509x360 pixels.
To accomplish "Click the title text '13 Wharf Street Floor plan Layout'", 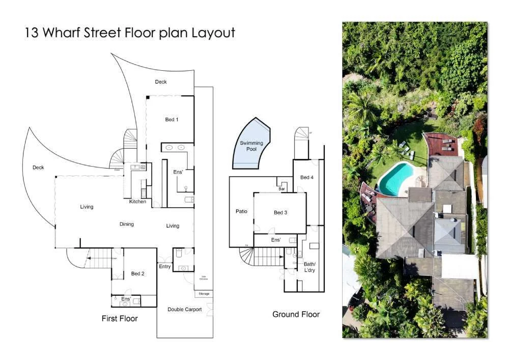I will (130, 33).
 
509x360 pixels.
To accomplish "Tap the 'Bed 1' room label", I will (172, 120).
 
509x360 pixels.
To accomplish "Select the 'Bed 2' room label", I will (137, 273).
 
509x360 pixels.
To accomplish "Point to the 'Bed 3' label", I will (280, 212).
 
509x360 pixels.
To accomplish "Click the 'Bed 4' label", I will (307, 177).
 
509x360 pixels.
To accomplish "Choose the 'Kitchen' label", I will (137, 202).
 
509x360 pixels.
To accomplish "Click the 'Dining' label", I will (127, 224).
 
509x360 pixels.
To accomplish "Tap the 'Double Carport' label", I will (185, 309).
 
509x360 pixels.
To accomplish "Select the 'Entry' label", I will (164, 266).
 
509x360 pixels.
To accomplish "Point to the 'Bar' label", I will (281, 188).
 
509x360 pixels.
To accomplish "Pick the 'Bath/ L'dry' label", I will (310, 267).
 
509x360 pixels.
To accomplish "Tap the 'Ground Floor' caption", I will (296, 314).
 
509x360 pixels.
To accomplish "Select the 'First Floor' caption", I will (120, 318).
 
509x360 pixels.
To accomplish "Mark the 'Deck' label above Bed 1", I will (161, 81).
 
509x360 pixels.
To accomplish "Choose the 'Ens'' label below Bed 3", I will (275, 239).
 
